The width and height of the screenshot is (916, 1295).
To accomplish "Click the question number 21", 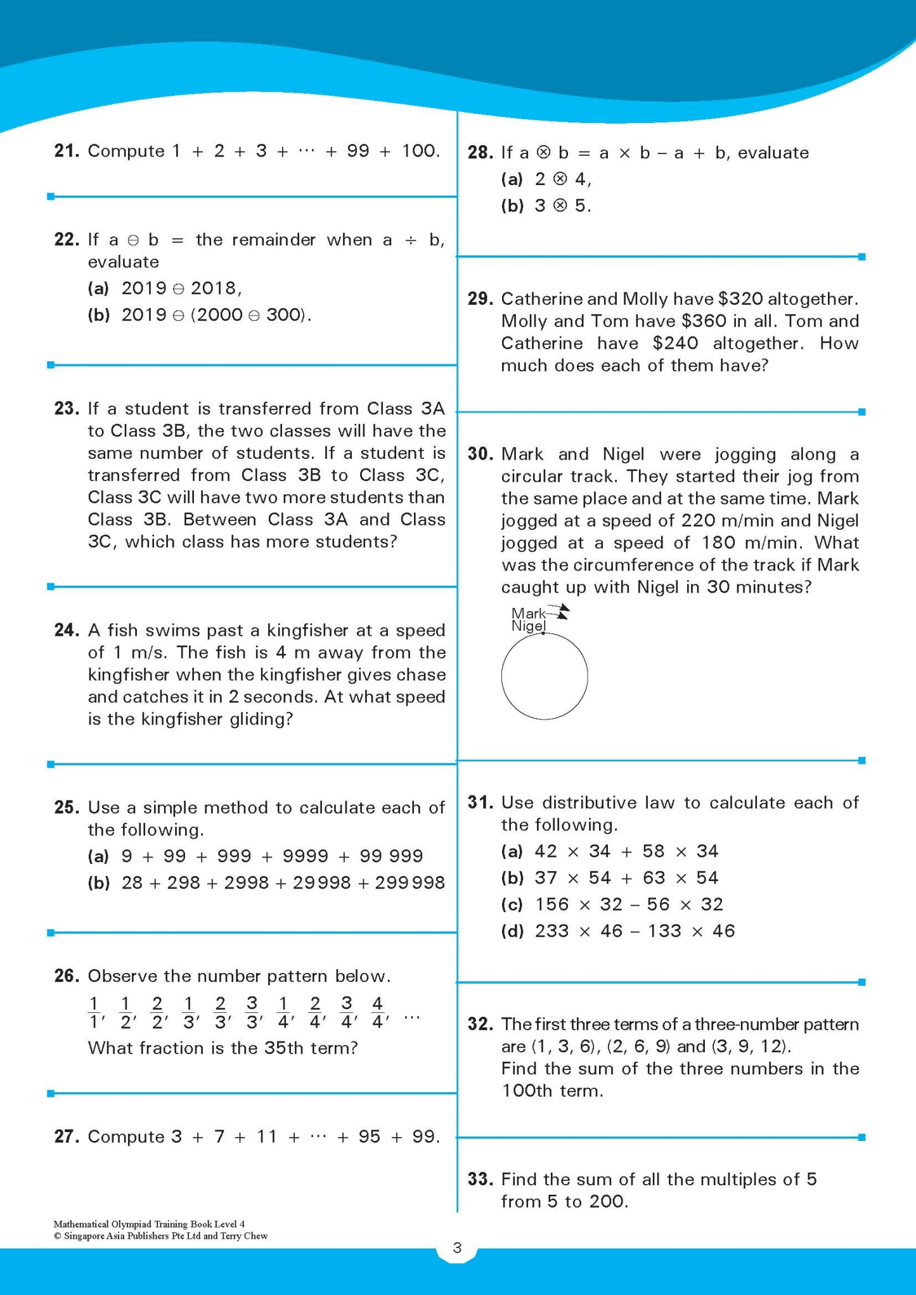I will [x=67, y=151].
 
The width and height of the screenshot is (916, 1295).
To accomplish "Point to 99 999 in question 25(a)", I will [x=391, y=856].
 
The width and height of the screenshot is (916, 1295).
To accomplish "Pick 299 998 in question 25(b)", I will [x=410, y=883].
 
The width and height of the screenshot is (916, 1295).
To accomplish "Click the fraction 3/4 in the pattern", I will [x=347, y=1012].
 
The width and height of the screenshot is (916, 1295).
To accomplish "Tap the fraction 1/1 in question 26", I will [x=94, y=1012].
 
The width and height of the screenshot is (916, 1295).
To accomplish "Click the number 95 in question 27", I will [x=370, y=1137].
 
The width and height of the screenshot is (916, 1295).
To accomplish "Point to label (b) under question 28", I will [x=512, y=206].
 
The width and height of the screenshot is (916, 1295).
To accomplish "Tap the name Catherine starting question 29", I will [x=541, y=299].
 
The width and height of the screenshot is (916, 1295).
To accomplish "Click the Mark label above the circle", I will [x=527, y=613].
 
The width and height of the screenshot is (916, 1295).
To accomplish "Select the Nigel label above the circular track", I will [x=528, y=626].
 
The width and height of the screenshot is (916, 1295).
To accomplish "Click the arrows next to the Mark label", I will [x=559, y=612].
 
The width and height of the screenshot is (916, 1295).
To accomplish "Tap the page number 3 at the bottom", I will [x=457, y=1247].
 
